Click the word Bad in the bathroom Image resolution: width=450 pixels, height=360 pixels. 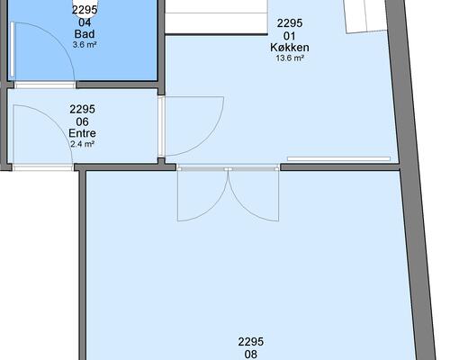click(85, 34)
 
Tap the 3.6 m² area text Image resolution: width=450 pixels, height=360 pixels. click(85, 45)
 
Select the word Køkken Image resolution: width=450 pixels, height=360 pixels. click(290, 48)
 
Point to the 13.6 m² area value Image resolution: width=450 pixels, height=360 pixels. click(290, 58)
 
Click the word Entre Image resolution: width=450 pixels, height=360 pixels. click(82, 133)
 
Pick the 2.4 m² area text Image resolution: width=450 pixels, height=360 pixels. click(82, 144)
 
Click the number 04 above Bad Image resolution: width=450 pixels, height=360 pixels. click(85, 22)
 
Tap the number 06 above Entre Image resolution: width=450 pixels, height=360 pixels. click(82, 121)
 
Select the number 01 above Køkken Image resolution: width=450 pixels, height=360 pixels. click(290, 36)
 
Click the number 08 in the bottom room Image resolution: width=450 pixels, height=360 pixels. click(250, 355)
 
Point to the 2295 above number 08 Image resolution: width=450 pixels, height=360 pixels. click(251, 342)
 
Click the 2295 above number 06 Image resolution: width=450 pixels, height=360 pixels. click(82, 109)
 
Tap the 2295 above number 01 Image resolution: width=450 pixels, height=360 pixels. click(290, 23)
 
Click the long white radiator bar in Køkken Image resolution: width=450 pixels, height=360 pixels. click(338, 158)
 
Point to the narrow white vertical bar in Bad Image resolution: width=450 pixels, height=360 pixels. click(12, 49)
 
